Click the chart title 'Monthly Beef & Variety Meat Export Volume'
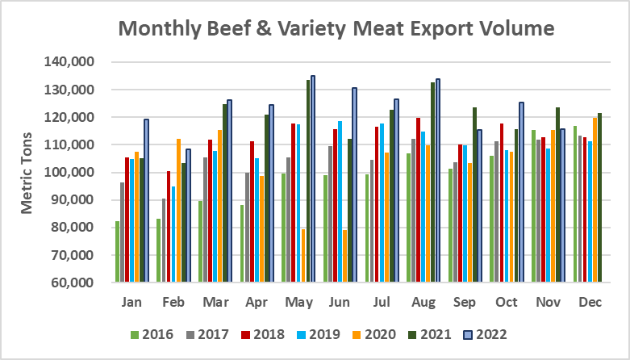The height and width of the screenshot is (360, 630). pyautogui.click(x=336, y=29)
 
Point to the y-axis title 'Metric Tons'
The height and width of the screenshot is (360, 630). pyautogui.click(x=27, y=172)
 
